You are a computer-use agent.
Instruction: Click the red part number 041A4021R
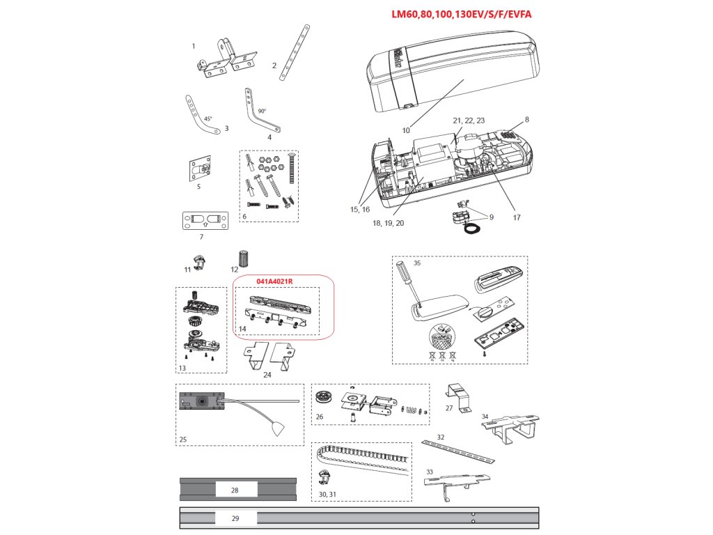click(274, 281)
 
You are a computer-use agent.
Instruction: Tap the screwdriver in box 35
click(407, 282)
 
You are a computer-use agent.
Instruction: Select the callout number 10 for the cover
click(405, 130)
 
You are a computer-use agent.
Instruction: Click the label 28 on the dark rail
click(235, 490)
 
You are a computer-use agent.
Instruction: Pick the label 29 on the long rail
click(235, 518)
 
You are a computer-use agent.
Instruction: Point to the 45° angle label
click(208, 119)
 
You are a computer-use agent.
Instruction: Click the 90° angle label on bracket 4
click(262, 111)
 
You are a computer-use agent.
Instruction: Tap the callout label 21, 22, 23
click(469, 121)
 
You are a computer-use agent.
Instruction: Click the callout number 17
click(516, 217)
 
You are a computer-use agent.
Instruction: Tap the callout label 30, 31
click(327, 493)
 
